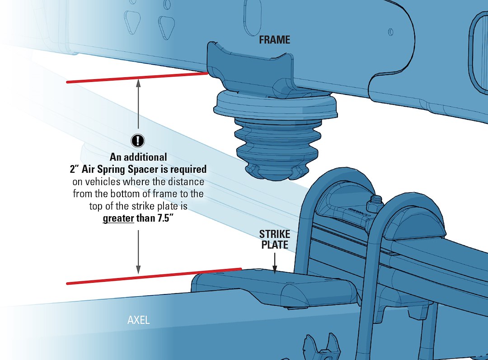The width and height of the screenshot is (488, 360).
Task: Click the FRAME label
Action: pos(275,39)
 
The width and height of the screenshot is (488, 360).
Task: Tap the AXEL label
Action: pos(139,320)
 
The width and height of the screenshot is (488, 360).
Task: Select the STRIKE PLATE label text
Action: pos(275,239)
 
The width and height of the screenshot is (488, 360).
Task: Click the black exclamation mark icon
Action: pos(137,141)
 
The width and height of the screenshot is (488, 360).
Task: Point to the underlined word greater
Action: pos(118,218)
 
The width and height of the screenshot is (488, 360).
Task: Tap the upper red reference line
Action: pos(137,77)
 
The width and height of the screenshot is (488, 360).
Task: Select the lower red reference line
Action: pos(154,276)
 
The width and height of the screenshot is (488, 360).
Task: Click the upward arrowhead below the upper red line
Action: pos(138,83)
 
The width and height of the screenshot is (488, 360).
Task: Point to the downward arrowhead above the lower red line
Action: pos(138,270)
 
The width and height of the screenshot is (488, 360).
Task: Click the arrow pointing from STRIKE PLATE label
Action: pos(275,263)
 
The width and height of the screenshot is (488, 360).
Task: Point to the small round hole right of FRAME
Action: pos(390,32)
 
